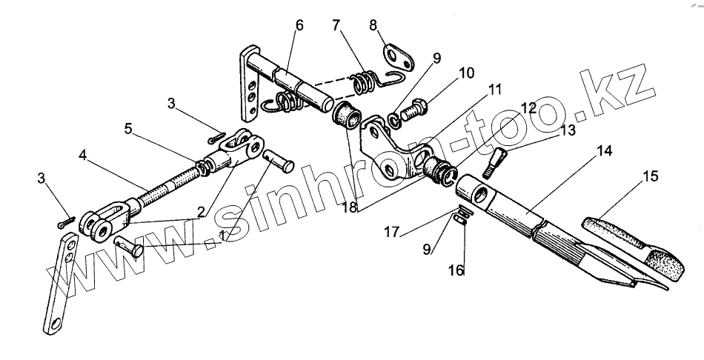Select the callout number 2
(201, 212)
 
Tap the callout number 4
(83, 157)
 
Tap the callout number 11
(494, 90)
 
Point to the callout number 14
(605, 151)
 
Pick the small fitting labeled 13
(497, 161)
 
